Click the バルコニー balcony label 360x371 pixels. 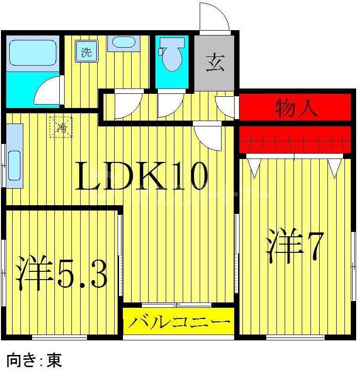tap(178, 322)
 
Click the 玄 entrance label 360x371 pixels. tap(215, 64)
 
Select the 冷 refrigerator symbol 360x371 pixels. tap(62, 128)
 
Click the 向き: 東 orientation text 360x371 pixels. tap(34, 361)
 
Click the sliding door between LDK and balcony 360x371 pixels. tap(177, 305)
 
